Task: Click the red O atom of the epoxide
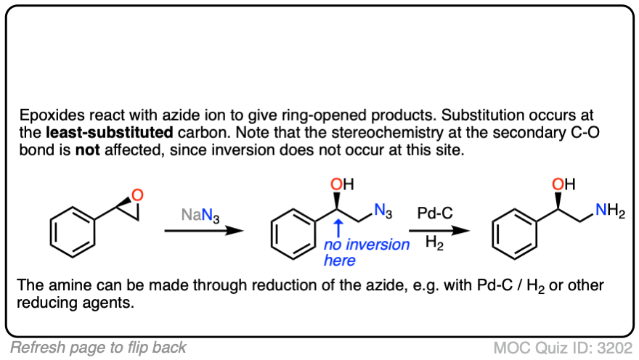[139, 195]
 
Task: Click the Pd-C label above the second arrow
[435, 214]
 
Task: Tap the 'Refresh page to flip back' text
[98, 347]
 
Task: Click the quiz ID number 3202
[613, 347]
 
